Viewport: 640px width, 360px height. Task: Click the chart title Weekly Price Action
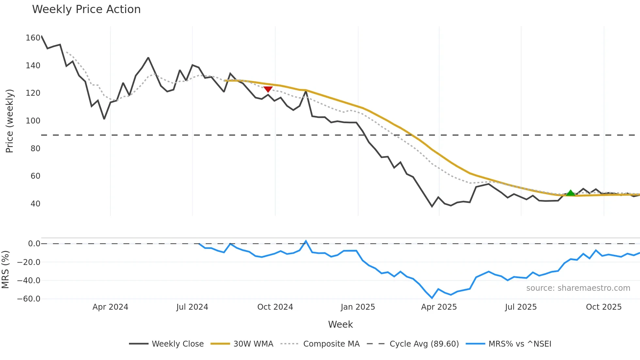(86, 9)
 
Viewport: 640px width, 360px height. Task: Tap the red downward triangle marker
(268, 89)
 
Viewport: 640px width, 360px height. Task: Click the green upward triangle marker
(570, 193)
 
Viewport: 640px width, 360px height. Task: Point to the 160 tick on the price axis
(33, 38)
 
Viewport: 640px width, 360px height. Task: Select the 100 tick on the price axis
(33, 121)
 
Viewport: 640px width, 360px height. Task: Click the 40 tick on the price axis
(35, 204)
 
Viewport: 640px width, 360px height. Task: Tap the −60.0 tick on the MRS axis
(29, 299)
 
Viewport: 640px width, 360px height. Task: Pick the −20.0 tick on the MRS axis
(29, 262)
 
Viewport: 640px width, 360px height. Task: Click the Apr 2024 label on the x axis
(110, 307)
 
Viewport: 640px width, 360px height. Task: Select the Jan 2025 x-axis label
(358, 307)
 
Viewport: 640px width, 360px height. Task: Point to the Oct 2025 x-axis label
(604, 307)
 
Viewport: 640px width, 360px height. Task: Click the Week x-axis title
(340, 324)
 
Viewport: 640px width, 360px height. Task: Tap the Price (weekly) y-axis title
(9, 121)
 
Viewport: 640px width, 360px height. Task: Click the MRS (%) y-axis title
(5, 270)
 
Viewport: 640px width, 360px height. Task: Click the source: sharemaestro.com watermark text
(578, 288)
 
